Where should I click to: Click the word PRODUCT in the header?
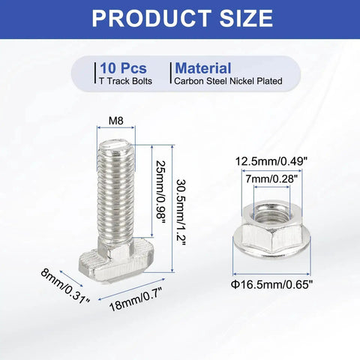tap(151, 18)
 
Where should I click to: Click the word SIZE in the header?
tap(247, 18)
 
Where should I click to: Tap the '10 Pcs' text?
tap(123, 68)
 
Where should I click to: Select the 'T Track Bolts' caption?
tap(126, 81)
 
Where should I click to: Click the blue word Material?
tap(203, 68)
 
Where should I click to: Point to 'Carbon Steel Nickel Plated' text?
tap(228, 81)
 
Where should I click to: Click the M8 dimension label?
tap(116, 121)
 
